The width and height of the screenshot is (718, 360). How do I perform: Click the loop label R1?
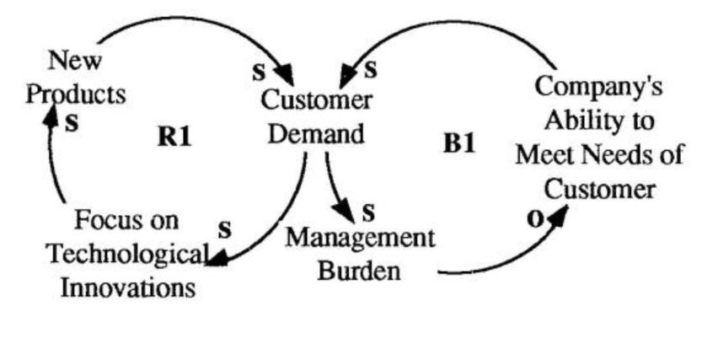pos(174,137)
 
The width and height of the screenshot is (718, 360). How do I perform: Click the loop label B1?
pos(459,142)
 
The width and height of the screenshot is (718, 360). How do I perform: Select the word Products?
pos(76,93)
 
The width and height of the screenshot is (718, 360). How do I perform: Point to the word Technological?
pos(127,254)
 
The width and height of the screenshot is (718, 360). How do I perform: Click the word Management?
pos(360,238)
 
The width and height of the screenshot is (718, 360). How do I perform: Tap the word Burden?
pos(360,271)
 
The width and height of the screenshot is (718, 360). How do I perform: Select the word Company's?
pos(599,88)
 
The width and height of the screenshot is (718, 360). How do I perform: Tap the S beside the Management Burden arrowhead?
pos(367,208)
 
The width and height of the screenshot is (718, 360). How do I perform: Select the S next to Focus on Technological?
pos(224,228)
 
